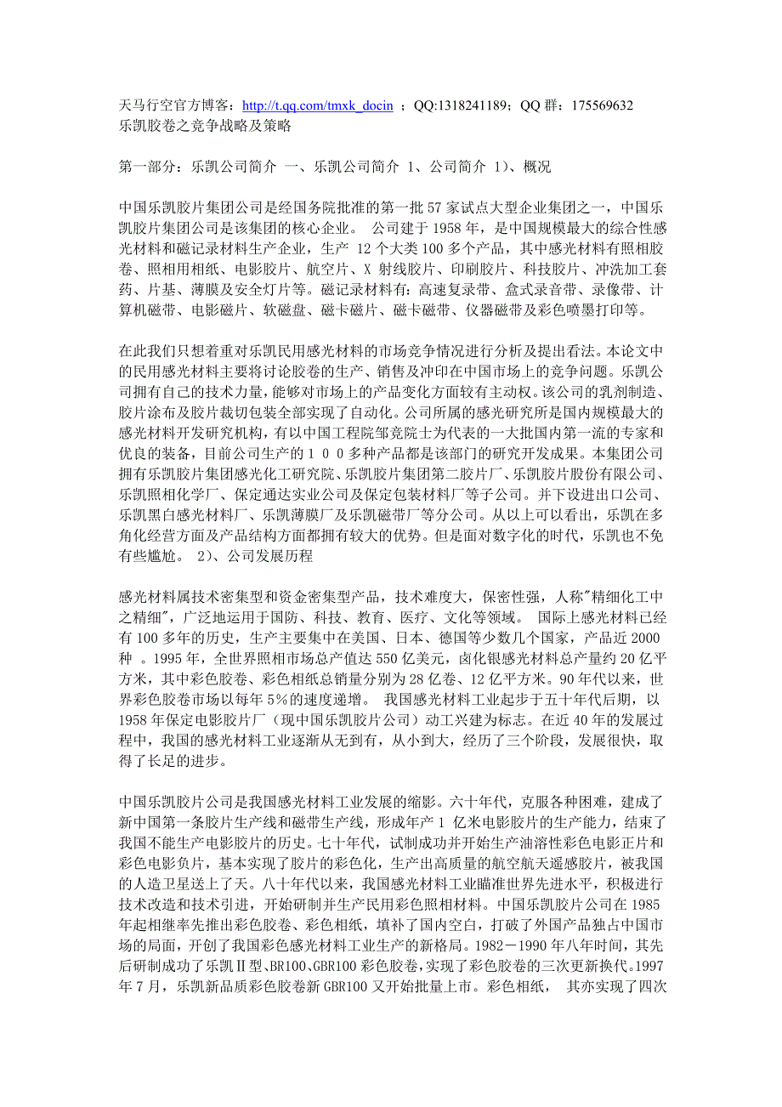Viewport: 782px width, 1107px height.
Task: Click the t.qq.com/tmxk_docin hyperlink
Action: (317, 106)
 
